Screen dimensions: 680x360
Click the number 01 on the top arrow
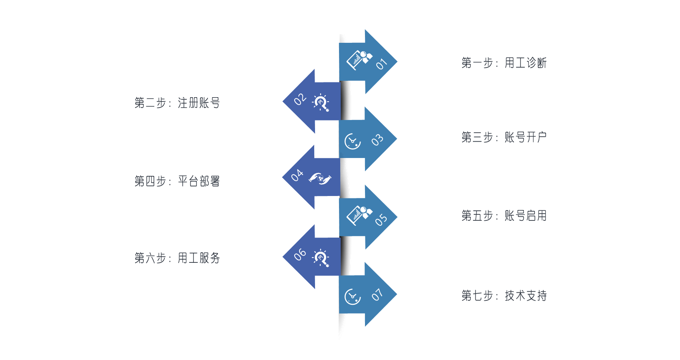click(381, 64)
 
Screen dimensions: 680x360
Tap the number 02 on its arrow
click(300, 99)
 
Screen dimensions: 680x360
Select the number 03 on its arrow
click(377, 140)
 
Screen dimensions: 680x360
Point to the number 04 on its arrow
click(297, 175)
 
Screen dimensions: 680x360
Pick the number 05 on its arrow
click(381, 220)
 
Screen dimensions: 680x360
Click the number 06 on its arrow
click(300, 254)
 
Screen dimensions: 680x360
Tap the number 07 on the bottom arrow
click(377, 295)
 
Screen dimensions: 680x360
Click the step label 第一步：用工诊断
click(504, 63)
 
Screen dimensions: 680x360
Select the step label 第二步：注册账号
click(177, 103)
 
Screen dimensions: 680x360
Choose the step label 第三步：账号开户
click(504, 137)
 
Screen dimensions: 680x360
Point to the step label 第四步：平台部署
click(177, 181)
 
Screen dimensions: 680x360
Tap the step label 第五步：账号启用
click(504, 215)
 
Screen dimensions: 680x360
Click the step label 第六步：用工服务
click(177, 258)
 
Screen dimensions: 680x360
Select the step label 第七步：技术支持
click(504, 295)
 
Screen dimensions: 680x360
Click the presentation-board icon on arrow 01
click(359, 60)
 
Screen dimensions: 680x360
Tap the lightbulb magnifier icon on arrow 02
click(321, 103)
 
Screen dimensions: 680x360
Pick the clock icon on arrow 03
click(353, 141)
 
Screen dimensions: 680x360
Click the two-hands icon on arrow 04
click(320, 179)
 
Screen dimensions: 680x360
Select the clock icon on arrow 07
click(353, 296)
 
